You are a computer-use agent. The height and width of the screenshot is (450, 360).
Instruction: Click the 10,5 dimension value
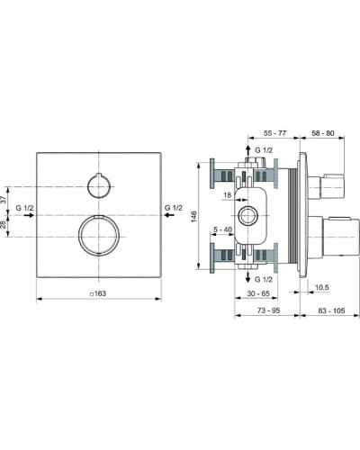coord(323,287)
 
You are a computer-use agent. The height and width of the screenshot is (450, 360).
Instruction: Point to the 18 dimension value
coord(228,195)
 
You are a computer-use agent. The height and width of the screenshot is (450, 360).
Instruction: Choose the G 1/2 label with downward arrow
coord(264,280)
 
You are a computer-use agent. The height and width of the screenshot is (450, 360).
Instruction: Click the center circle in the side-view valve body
coord(247,216)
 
